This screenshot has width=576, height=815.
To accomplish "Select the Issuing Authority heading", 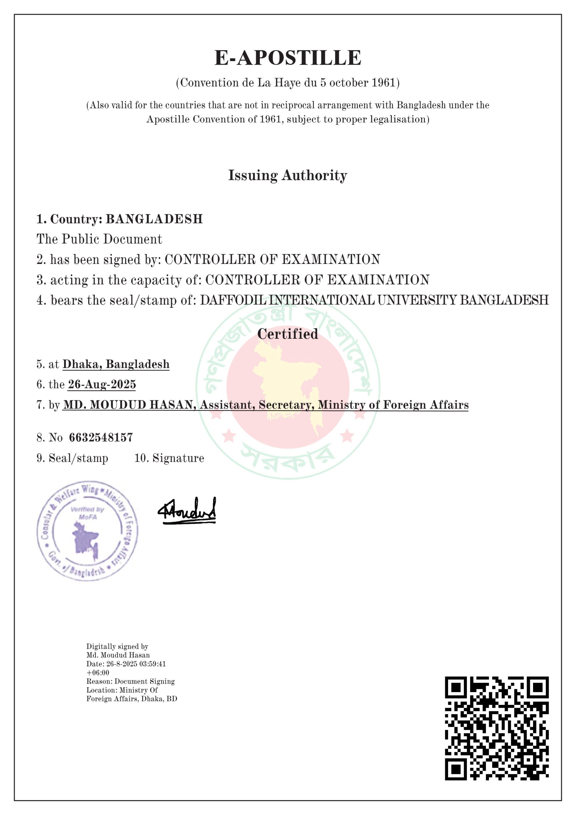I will pos(288,175).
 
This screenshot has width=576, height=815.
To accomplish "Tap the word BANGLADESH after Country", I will pos(154,219).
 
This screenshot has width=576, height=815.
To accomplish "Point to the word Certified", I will pos(288,334).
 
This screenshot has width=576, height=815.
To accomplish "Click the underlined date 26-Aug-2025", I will pos(102,385).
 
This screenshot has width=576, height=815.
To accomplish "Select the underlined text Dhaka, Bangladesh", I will pos(116,364).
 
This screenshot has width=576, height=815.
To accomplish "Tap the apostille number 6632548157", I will pos(101,437).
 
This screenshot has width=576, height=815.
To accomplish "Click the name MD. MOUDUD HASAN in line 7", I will pos(129,405).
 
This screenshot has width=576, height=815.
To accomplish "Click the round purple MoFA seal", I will pos(87,531).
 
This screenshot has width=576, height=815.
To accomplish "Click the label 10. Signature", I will pos(169,458).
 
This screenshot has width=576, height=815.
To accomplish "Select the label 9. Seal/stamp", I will pos(72,458).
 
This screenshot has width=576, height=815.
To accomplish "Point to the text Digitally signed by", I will pos(117,646).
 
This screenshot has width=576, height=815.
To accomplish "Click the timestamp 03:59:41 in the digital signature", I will pos(153,664).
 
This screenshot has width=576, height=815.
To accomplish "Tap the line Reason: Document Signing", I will pos(130,681).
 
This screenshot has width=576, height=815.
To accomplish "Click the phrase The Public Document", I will pos(99,239).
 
